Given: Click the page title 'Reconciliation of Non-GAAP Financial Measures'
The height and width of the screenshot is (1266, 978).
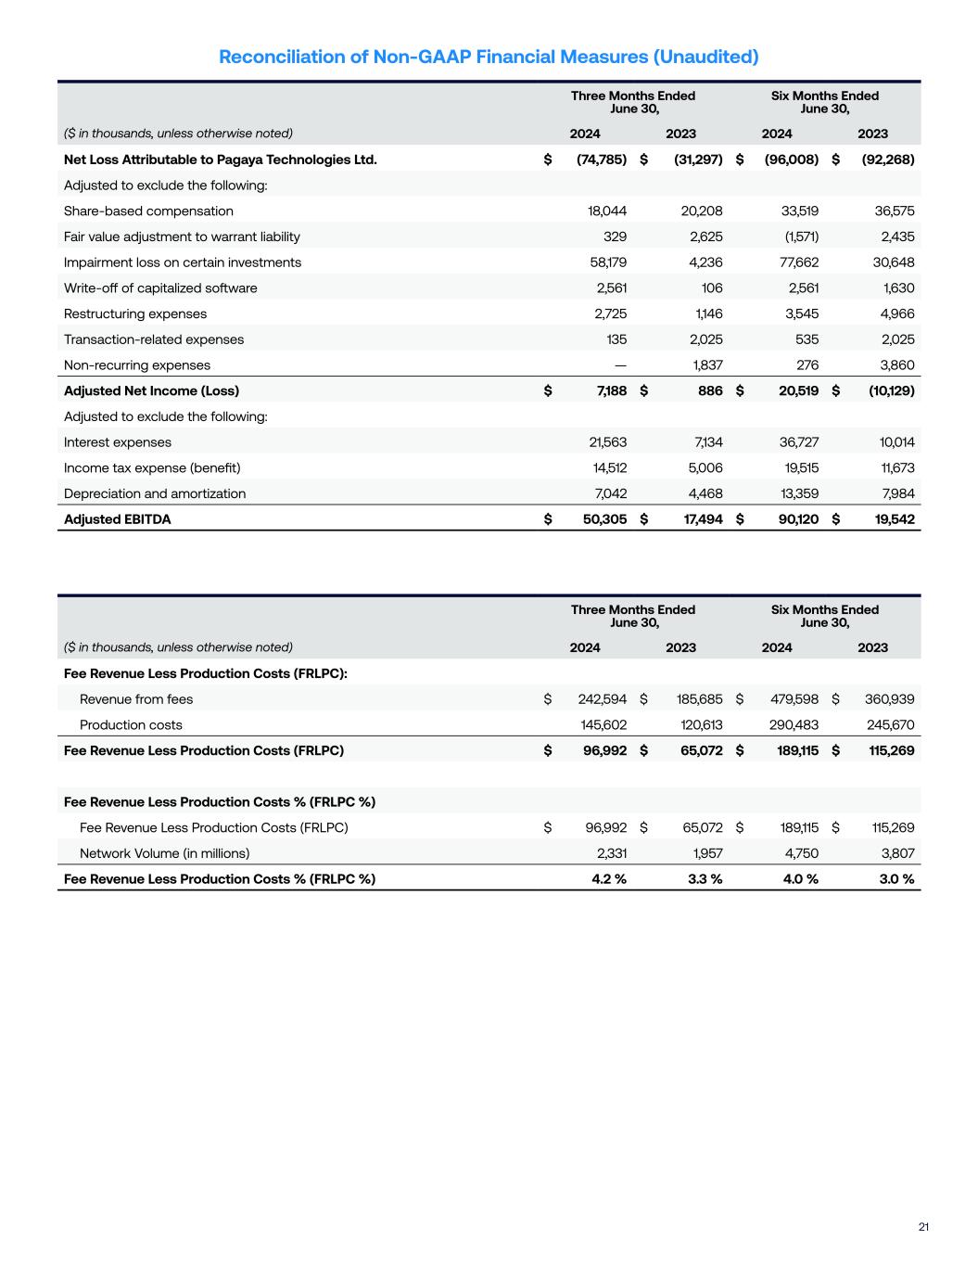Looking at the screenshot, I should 489,57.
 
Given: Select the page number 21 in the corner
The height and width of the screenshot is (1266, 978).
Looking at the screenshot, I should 923,1227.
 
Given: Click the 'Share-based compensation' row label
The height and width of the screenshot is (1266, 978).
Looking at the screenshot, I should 148,211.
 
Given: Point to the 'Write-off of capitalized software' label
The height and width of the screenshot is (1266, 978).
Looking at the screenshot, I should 160,288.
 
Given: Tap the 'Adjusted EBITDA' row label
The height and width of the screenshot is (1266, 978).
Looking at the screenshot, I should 118,519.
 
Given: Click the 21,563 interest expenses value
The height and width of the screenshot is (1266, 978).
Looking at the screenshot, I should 607,442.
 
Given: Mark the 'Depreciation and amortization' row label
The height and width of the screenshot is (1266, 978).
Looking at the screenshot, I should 155,493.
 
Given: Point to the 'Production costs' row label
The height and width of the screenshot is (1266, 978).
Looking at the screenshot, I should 131,724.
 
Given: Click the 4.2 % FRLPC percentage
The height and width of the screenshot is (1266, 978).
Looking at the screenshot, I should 609,879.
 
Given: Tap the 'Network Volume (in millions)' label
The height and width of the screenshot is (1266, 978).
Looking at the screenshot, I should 164,853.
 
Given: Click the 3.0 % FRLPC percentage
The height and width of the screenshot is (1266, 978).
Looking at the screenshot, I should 895,879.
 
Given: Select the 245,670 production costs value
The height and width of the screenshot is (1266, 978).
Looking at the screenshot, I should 890,724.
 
